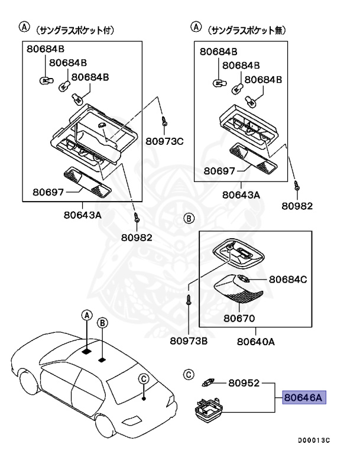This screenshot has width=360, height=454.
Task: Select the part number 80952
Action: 245,383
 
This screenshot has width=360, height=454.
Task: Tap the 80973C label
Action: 166,141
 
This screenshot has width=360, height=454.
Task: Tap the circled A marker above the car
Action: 86,315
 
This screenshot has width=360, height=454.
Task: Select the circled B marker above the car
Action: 102,322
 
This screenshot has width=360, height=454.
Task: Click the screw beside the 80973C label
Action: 164,122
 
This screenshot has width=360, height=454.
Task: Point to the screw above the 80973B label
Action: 189,299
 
